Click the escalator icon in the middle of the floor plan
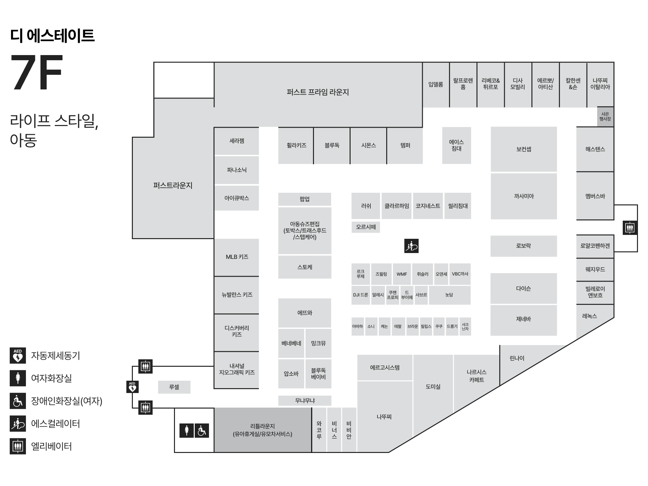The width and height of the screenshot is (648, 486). click(411, 246)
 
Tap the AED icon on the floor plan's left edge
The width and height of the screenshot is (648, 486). click(132, 387)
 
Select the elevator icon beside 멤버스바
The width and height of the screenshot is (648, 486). click(630, 228)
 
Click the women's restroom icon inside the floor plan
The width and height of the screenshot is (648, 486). click(187, 431)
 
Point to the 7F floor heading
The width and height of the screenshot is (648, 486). click(37, 73)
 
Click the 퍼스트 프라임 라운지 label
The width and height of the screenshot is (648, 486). click(318, 92)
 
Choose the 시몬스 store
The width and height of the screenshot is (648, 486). click(368, 145)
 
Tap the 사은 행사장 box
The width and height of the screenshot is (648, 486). click(605, 117)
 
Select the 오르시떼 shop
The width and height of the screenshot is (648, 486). click(366, 227)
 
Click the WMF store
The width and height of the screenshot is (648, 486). click(402, 274)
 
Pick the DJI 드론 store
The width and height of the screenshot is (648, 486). click(361, 295)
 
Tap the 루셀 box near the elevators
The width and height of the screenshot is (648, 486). click(174, 387)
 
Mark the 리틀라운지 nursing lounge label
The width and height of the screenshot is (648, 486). click(262, 430)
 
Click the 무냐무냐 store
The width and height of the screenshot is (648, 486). click(305, 401)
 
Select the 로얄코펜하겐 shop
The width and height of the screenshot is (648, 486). click(595, 246)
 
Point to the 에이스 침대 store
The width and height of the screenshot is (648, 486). click(457, 145)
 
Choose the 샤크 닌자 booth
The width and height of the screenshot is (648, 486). click(465, 327)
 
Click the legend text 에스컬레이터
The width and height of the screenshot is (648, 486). click(55, 424)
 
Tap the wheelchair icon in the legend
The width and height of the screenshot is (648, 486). click(18, 401)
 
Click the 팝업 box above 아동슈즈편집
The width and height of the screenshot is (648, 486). click(305, 199)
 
